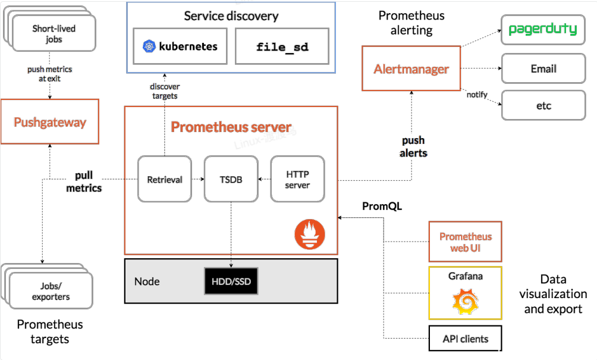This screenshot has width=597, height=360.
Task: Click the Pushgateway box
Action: coord(50,122)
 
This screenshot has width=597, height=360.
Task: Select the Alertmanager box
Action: coord(411,69)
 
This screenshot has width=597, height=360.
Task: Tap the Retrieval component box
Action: coord(165,179)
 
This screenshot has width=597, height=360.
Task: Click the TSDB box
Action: coord(231,179)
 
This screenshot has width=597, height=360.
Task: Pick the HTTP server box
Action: coord(297,179)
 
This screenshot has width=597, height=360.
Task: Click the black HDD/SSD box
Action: coord(231,281)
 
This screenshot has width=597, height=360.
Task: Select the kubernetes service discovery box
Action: coord(180,46)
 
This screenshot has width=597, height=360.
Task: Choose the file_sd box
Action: coord(282,46)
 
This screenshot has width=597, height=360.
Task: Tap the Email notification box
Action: coord(543,69)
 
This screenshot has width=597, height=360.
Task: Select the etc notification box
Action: coord(543,106)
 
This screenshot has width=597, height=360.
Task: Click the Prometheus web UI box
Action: coord(466,242)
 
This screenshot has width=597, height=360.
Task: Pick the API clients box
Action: coord(466,339)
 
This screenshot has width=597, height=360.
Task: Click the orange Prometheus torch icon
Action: coord(310,234)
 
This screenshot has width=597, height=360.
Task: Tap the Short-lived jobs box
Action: coord(54,34)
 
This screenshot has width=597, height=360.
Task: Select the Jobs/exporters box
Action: coord(51,291)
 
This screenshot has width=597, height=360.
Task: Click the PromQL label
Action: coord(382,206)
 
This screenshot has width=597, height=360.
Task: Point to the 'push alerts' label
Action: coord(413,146)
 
